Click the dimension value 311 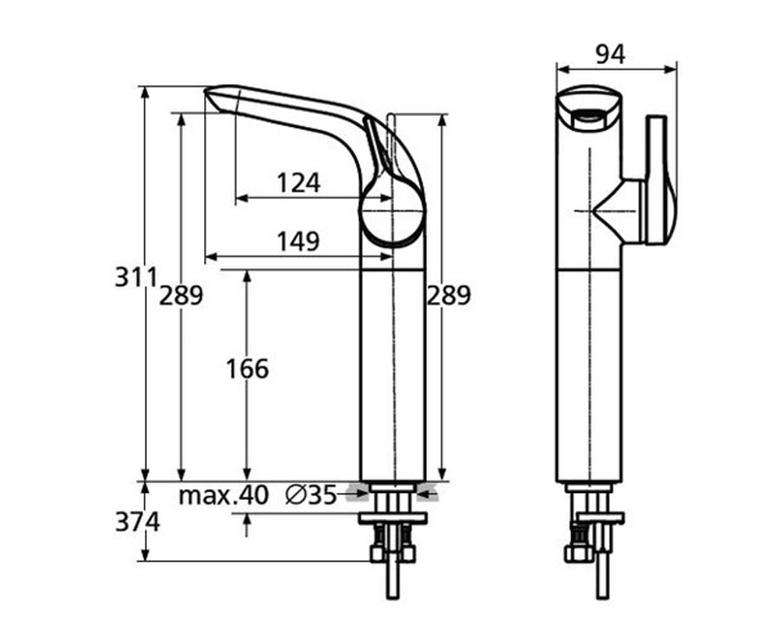point(136,276)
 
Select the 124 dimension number point(298,183)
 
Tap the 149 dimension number point(298,241)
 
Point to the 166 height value point(247,368)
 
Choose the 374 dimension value point(137,522)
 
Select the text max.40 point(223,495)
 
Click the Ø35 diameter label point(311,495)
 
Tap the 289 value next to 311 point(181,295)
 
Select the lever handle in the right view point(658,179)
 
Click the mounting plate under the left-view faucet point(392,517)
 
